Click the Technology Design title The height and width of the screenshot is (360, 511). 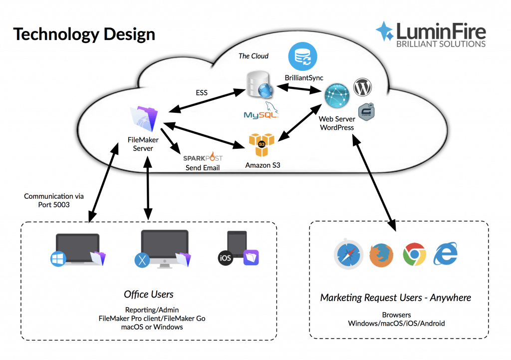point(83,34)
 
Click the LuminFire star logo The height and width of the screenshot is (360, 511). point(384,30)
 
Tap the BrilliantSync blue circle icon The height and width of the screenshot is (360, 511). point(303,56)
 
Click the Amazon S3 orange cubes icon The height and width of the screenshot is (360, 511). point(262,145)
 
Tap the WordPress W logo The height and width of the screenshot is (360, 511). point(363,88)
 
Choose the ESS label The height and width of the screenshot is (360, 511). point(202,92)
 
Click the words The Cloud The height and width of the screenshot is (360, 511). point(253,56)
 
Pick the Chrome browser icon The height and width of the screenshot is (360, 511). point(414,255)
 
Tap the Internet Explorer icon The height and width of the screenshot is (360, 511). point(446,255)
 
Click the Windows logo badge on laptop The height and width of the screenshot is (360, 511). point(58,259)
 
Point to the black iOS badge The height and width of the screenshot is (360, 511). point(226,258)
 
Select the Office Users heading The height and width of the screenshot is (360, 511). point(149,294)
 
